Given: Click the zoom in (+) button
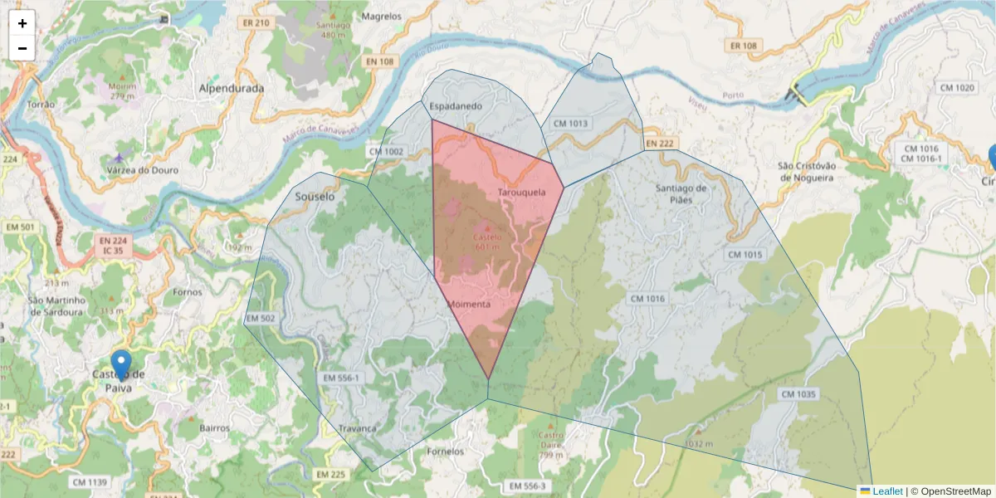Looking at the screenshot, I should point(22,23).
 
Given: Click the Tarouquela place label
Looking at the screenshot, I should point(521,193).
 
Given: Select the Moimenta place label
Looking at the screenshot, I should point(469,304).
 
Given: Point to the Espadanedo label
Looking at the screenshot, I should point(456,106).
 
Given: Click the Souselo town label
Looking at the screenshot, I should point(315,198).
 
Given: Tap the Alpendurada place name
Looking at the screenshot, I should point(232,88).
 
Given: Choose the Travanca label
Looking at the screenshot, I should point(357,428).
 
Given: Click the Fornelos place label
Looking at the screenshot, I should point(445,452).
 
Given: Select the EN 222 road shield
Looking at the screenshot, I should point(660,144).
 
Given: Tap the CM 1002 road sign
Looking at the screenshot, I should point(386,151).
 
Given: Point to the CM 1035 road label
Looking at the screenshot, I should point(798,393).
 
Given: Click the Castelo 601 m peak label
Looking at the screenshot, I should point(487,241).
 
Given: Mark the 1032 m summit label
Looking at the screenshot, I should point(698,443).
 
